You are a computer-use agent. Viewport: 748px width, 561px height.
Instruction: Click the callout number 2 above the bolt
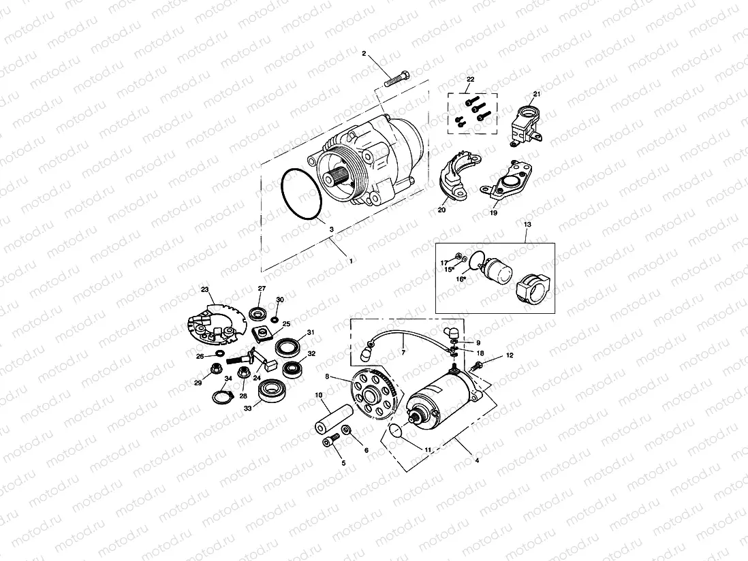[364, 53]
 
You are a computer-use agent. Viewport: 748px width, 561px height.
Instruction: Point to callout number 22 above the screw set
[469, 80]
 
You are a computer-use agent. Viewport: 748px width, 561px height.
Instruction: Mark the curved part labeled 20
[453, 178]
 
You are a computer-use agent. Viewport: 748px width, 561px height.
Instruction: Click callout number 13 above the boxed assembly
[527, 223]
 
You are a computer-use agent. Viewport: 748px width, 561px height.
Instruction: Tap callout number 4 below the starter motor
[476, 461]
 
